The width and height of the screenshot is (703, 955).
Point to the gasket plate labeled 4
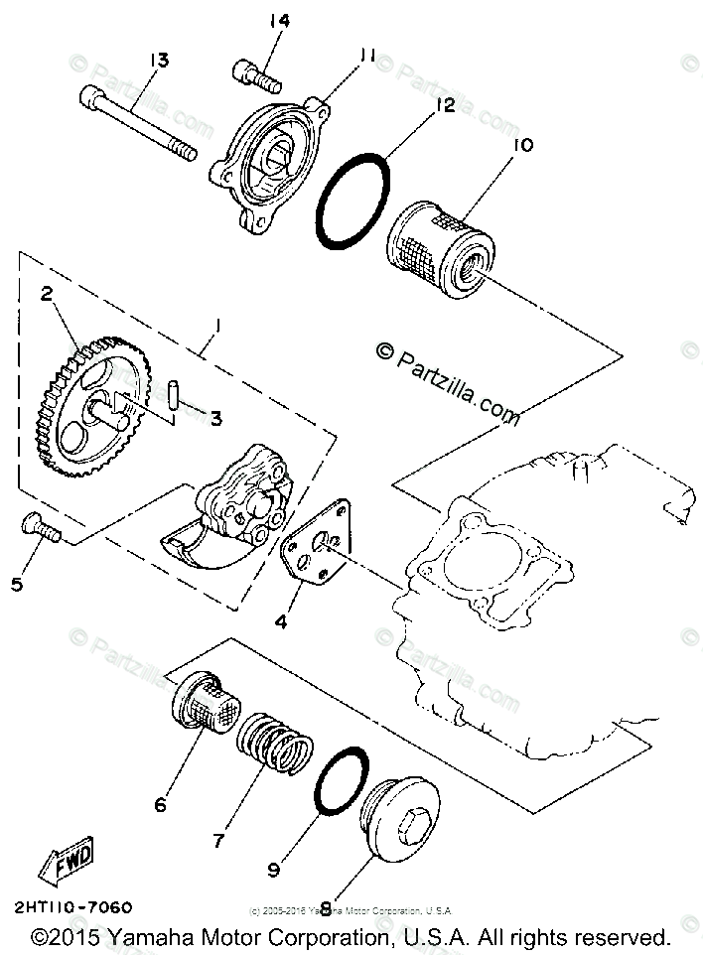coord(315,550)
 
